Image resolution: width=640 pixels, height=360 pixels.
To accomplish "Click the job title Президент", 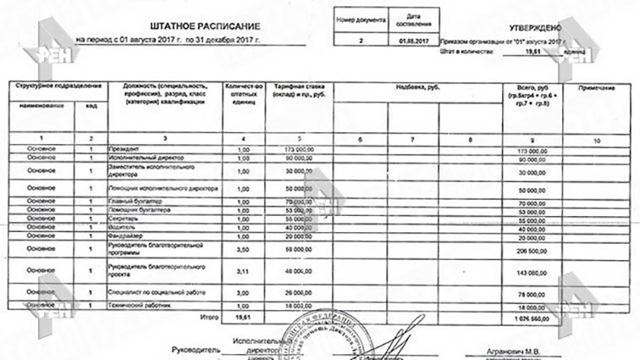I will coord(124,149).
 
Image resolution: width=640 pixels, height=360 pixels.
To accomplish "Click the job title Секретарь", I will coord(124,219).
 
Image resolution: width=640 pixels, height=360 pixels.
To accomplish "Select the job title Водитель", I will coord(123,227).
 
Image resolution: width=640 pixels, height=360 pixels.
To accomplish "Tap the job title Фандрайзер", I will coord(127,235).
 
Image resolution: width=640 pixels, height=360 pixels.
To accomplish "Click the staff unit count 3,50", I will coord(243,252).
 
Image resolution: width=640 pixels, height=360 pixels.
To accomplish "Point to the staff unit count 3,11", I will coord(243,273).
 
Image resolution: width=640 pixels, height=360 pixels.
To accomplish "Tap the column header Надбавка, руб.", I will coord(414,87).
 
